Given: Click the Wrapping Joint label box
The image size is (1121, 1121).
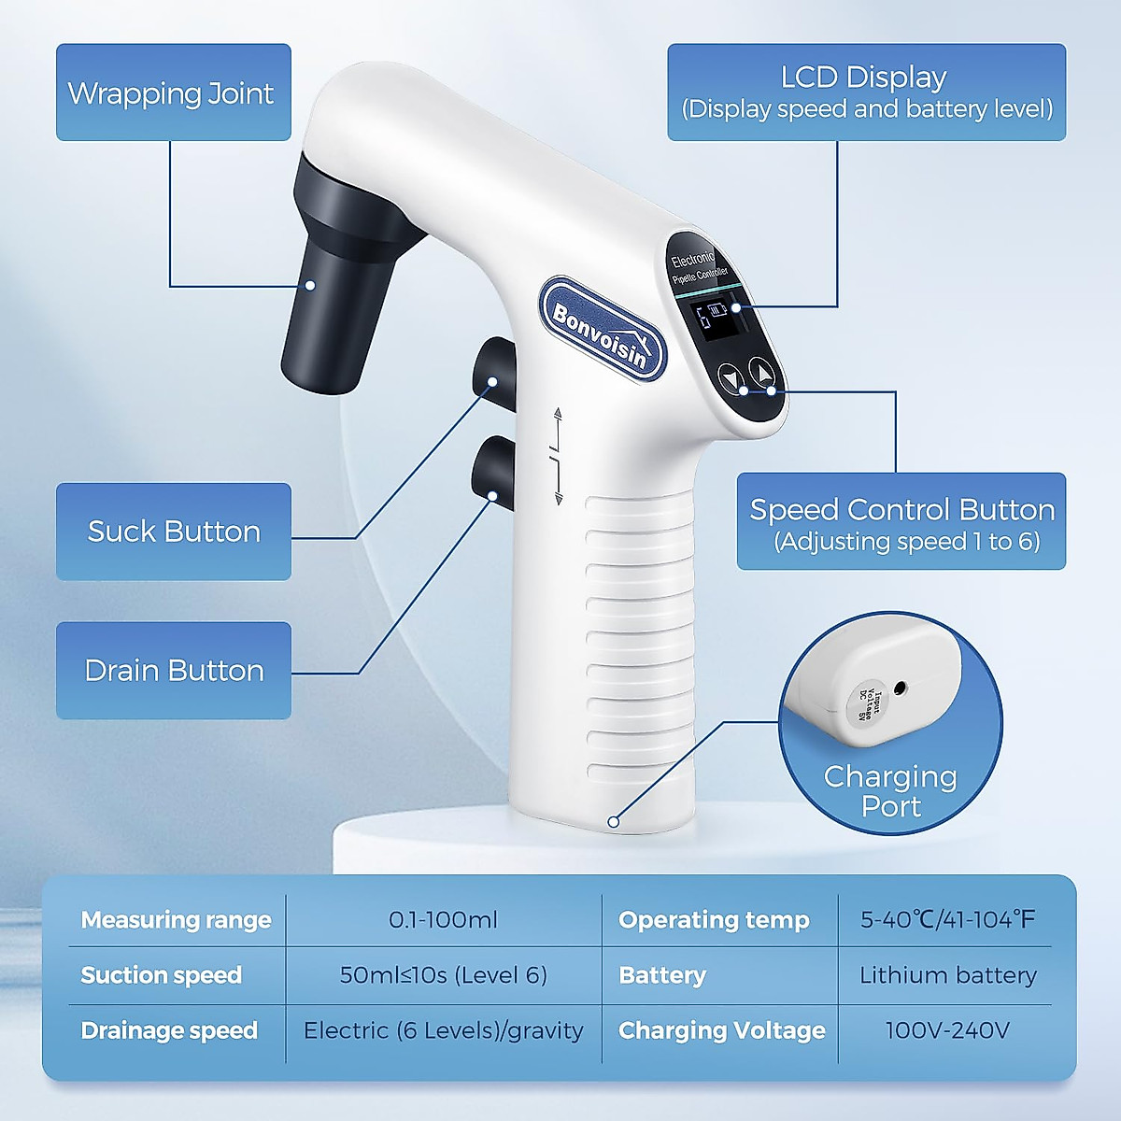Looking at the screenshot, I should pyautogui.click(x=173, y=92).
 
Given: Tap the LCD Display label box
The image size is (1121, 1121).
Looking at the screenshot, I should pyautogui.click(x=866, y=92).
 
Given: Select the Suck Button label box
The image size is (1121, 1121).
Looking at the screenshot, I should pyautogui.click(x=173, y=531).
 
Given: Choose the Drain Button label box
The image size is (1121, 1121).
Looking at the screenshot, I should pyautogui.click(x=173, y=670).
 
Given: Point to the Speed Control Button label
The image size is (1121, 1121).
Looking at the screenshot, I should pyautogui.click(x=901, y=521).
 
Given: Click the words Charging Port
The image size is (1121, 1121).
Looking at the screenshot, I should pyautogui.click(x=890, y=791).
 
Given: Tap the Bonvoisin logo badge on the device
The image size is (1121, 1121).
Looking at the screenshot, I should pyautogui.click(x=603, y=329).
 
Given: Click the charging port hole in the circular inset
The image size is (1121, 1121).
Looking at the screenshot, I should pyautogui.click(x=900, y=688).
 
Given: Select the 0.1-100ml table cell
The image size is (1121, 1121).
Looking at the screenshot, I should pyautogui.click(x=443, y=920).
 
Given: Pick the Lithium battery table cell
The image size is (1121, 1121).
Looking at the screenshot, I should pyautogui.click(x=947, y=975).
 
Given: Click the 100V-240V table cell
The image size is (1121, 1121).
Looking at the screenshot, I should pyautogui.click(x=947, y=1030).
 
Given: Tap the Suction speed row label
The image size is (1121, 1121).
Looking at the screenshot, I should pyautogui.click(x=162, y=975).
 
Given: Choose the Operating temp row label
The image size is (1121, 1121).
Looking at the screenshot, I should pyautogui.click(x=714, y=920).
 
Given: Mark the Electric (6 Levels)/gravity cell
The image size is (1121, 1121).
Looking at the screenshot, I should pyautogui.click(x=443, y=1030).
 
